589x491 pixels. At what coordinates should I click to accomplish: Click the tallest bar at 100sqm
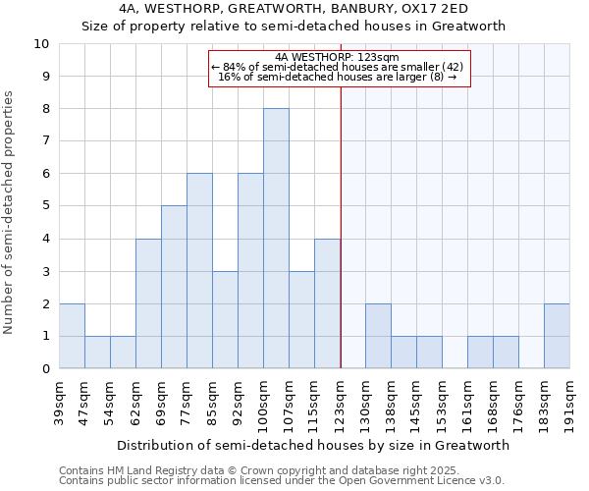click(x=276, y=239)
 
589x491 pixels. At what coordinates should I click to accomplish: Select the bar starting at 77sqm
click(x=199, y=271)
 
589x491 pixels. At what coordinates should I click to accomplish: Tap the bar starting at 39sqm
click(x=72, y=336)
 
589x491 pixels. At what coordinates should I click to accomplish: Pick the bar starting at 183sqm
click(x=557, y=336)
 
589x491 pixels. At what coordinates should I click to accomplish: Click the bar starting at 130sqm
click(x=378, y=336)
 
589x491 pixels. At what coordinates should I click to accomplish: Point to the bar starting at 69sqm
click(x=174, y=287)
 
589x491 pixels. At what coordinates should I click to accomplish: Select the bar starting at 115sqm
click(x=327, y=303)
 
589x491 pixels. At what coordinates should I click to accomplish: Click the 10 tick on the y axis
click(x=41, y=44)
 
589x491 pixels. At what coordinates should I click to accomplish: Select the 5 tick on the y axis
click(x=45, y=206)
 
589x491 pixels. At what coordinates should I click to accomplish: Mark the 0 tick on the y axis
click(x=45, y=369)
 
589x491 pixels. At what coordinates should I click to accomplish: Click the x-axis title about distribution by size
click(x=313, y=445)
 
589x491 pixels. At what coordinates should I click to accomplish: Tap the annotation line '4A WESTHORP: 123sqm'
click(x=338, y=57)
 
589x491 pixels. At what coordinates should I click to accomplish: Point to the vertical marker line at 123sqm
click(x=341, y=245)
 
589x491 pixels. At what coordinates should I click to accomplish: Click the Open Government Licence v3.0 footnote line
click(x=282, y=481)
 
